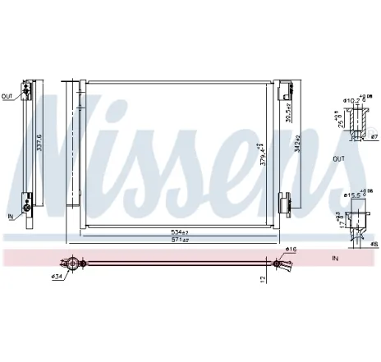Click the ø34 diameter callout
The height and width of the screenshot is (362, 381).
[x=58, y=277]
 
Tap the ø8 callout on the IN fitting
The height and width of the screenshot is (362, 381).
[x=372, y=243]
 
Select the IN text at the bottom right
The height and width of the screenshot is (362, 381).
[x=334, y=258]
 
